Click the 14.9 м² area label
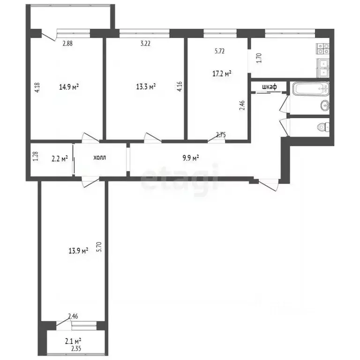point(69,87)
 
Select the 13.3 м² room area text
point(146,87)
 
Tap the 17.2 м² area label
point(222,74)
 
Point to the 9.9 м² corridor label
point(191,158)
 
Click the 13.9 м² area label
point(78,251)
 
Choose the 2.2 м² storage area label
point(60,158)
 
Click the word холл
point(100,157)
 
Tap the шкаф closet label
point(270,87)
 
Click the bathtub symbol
point(311,89)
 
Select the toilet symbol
point(323,127)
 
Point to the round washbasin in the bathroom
point(325,105)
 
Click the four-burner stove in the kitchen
point(323,49)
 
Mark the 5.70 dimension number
point(99,247)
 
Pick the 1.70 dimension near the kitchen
point(259,58)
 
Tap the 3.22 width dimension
point(145,44)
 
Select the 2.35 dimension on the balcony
point(76,349)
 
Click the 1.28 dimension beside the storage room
point(36,156)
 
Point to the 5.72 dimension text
point(219,51)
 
